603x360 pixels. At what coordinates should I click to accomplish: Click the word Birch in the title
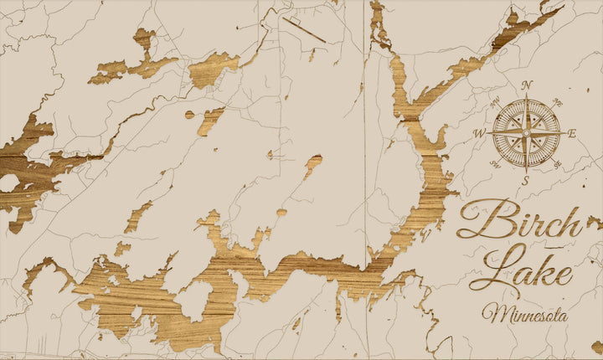point(519,222)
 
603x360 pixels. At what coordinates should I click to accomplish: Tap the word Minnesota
point(524,315)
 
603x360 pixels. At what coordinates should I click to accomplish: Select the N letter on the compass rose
point(527,85)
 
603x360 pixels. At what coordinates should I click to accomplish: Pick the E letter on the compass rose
point(573,133)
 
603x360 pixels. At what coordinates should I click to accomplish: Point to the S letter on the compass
point(526,180)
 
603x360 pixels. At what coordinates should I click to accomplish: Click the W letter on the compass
point(479,132)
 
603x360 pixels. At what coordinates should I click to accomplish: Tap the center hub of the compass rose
point(526,132)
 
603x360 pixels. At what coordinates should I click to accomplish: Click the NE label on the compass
point(556,102)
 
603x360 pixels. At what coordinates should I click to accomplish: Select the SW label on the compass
point(497,162)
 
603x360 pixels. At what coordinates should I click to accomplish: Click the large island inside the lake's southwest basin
point(195,300)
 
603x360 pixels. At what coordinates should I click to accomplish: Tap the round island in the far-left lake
point(9,183)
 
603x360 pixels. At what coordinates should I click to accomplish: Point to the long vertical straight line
point(365,126)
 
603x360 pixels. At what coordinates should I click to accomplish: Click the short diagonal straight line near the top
point(304,30)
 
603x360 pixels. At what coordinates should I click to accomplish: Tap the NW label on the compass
point(497,102)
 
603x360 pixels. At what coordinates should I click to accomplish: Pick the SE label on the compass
point(556,162)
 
